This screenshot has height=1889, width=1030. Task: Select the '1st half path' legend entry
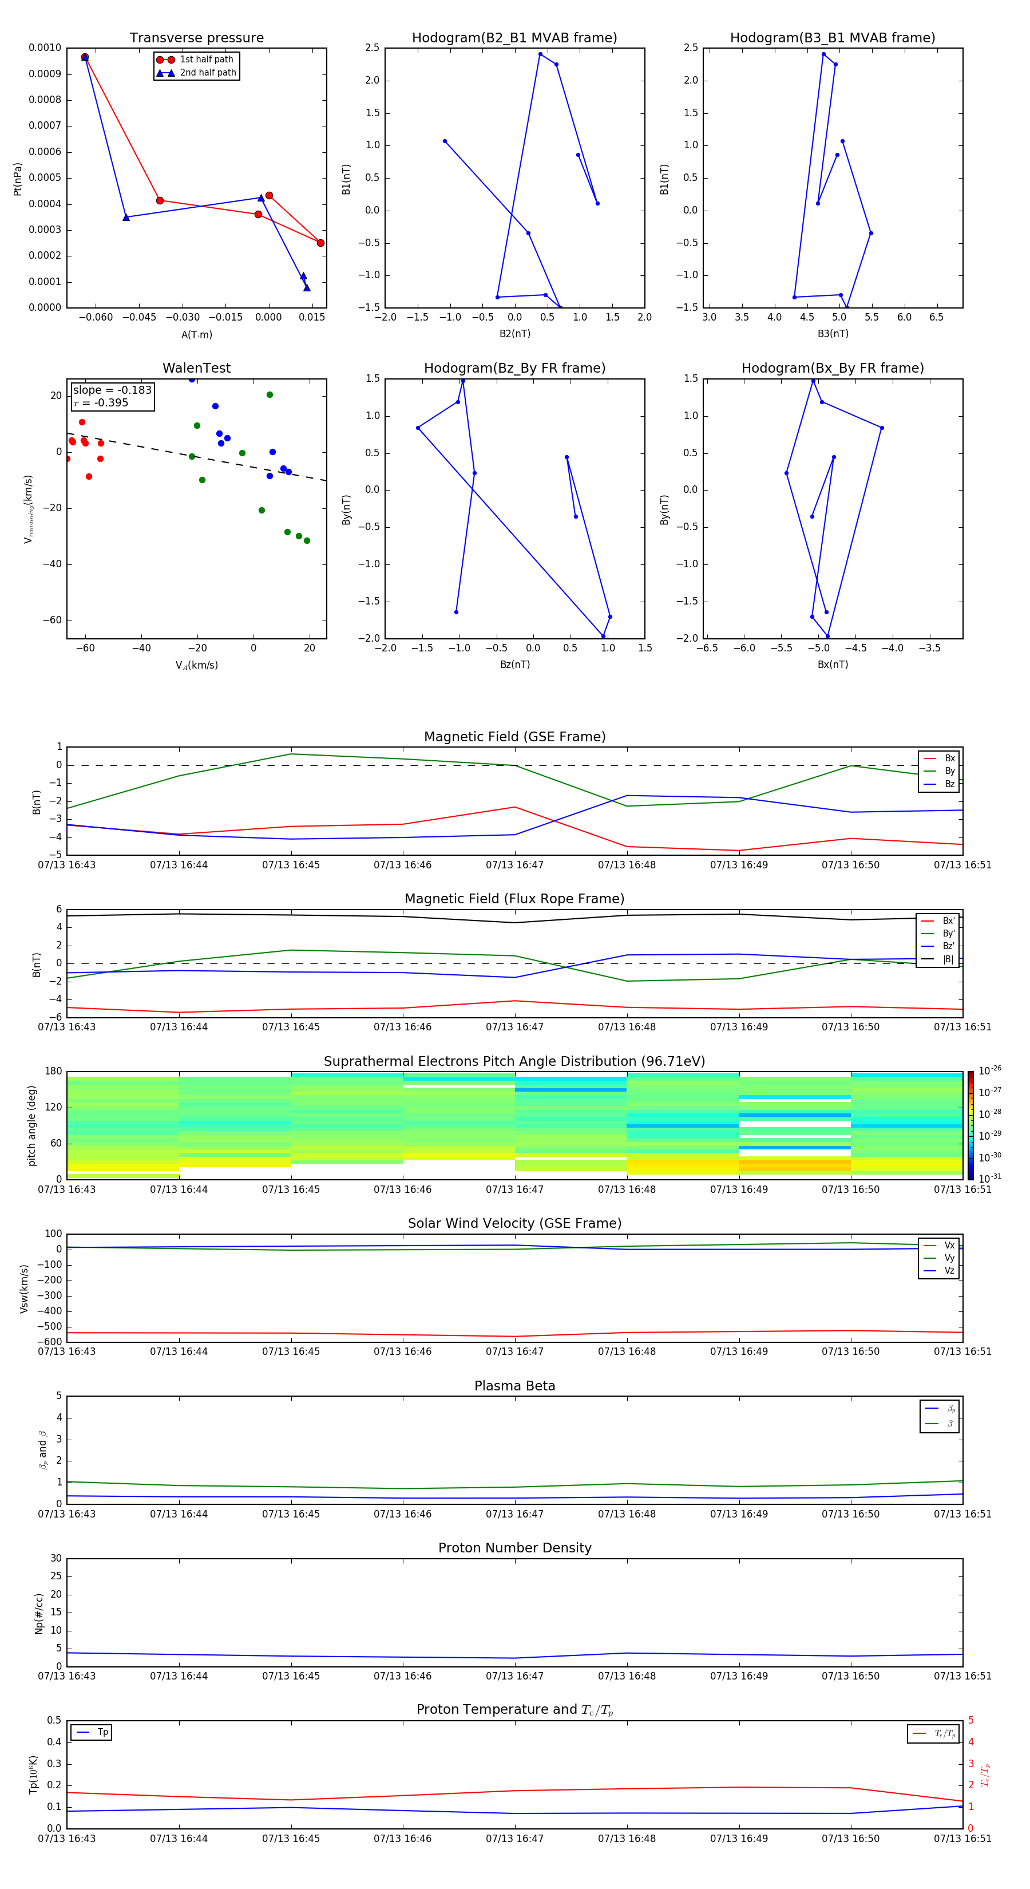point(206,60)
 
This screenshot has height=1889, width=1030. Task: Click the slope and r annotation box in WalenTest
point(112,396)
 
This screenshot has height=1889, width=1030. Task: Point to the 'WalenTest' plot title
point(196,368)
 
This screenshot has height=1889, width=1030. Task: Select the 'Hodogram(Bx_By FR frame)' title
point(832,368)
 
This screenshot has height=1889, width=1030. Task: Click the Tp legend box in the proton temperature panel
point(92,1732)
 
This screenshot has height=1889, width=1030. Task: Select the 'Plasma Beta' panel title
point(514,1386)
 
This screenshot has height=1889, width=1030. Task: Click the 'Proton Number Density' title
point(514,1548)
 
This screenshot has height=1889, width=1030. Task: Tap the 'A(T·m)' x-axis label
point(196,335)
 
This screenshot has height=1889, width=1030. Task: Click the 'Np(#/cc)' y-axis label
point(39,1613)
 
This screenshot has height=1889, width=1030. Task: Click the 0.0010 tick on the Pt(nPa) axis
point(45,48)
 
